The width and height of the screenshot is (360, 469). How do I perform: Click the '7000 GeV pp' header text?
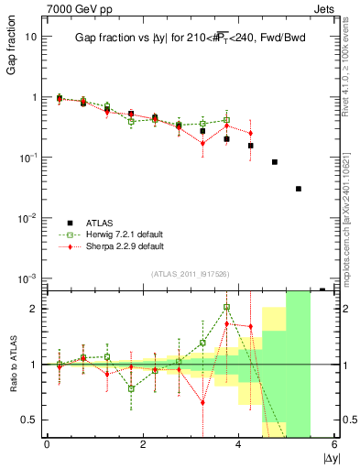pyautogui.click(x=73, y=8)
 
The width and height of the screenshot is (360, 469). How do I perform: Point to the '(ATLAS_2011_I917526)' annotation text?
pyautogui.click(x=190, y=274)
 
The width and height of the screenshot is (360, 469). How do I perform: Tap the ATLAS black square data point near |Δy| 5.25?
pyautogui.click(x=299, y=189)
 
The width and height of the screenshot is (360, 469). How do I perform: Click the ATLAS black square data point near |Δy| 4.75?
pyautogui.click(x=275, y=162)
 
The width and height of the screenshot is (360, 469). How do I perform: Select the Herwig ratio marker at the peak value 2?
pyautogui.click(x=226, y=308)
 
